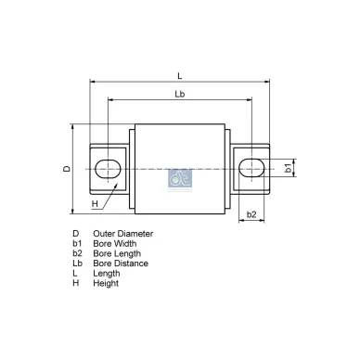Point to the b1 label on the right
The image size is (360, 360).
pyautogui.click(x=289, y=169)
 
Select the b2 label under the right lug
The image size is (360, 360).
pyautogui.click(x=251, y=214)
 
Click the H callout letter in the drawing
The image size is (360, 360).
pyautogui.click(x=95, y=203)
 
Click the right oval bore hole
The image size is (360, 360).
pyautogui.click(x=251, y=168)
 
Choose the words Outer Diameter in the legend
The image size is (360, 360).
pyautogui.click(x=122, y=234)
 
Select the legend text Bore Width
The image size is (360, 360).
pyautogui.click(x=113, y=243)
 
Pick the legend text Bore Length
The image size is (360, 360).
pyautogui.click(x=115, y=253)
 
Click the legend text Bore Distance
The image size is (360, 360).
pyautogui.click(x=119, y=264)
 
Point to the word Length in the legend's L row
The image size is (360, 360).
pyautogui.click(x=106, y=273)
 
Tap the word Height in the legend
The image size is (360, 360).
pyautogui.click(x=105, y=283)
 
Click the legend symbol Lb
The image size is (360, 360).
pyautogui.click(x=77, y=264)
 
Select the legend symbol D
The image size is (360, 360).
pyautogui.click(x=75, y=234)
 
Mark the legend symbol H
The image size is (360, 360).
pyautogui.click(x=75, y=283)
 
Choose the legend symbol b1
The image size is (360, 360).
pyautogui.click(x=77, y=243)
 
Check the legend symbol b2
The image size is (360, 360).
pyautogui.click(x=77, y=253)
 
